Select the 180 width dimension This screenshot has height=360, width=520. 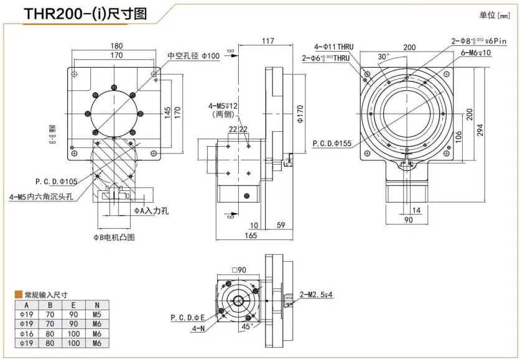click(116, 46)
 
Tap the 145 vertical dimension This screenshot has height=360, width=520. click(167, 112)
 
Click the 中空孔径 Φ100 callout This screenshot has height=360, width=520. click(193, 55)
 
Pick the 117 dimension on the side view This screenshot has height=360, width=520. click(267, 41)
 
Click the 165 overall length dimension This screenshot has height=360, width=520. click(250, 236)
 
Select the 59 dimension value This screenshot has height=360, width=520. click(280, 225)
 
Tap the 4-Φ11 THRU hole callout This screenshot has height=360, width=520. click(333, 47)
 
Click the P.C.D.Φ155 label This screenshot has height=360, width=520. click(332, 143)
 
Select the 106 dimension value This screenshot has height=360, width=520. click(458, 135)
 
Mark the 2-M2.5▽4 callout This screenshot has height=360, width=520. click(317, 294)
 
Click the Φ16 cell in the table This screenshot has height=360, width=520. click(27, 333)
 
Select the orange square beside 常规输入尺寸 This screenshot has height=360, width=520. click(18, 295)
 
